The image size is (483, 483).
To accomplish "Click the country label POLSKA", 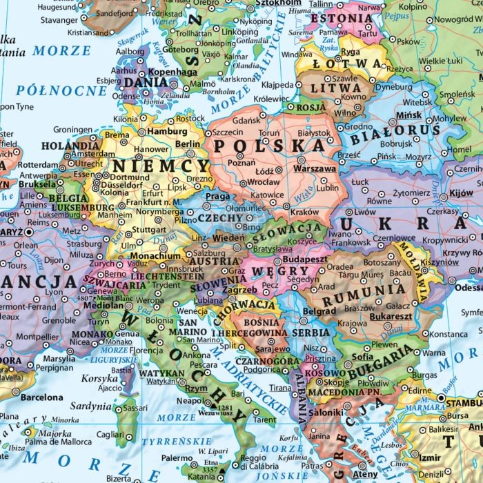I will coord(269,146).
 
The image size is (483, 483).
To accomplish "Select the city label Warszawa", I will coord(315,168).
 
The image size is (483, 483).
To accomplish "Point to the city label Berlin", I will coord(188,144).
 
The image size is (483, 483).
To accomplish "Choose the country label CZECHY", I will coord(220,218).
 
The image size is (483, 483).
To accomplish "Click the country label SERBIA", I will coord(311,331).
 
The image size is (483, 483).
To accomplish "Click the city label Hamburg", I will coord(168,131).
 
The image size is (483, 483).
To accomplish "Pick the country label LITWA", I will coord(331,88).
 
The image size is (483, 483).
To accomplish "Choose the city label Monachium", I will coord(161,255).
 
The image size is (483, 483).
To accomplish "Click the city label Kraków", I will coord(304,213).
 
